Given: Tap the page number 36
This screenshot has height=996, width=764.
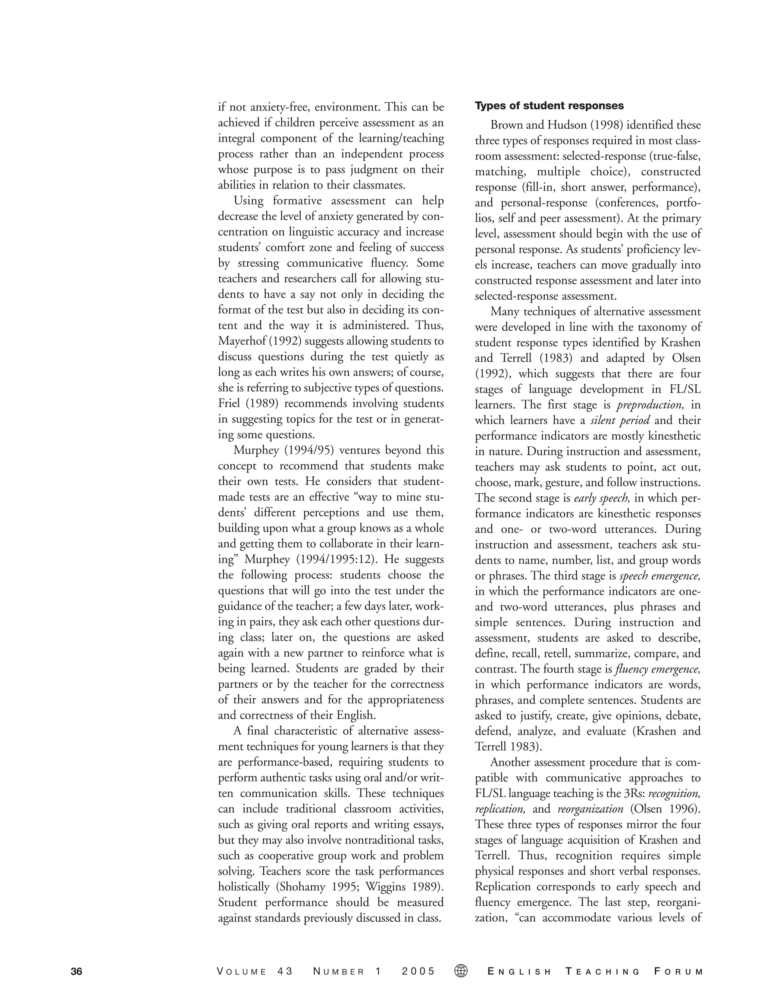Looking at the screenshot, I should click(x=76, y=972).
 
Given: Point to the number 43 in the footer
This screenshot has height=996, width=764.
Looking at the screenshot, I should click(x=285, y=972).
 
